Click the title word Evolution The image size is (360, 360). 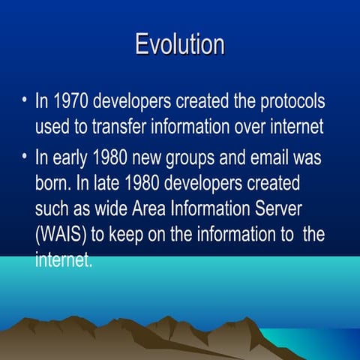180,44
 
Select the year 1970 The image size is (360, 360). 73,101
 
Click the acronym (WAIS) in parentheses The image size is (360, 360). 61,234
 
